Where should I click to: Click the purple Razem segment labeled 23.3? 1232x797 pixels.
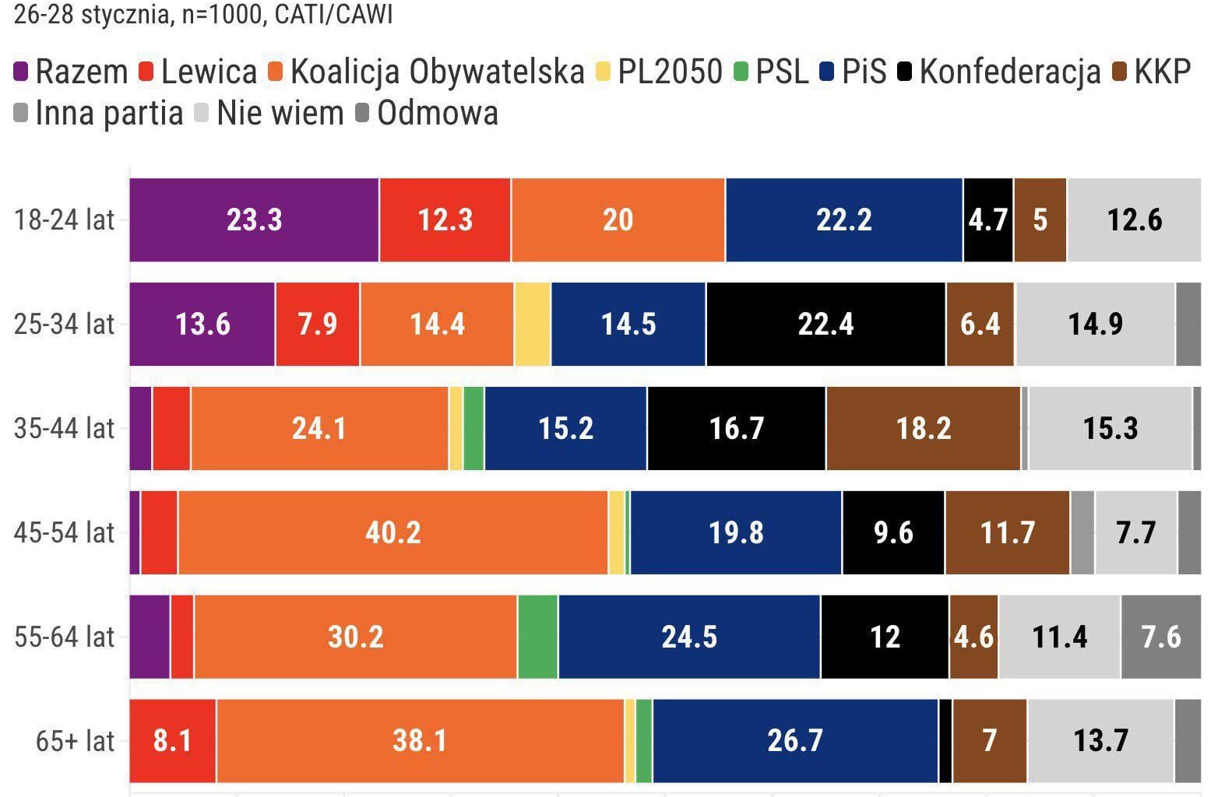254,220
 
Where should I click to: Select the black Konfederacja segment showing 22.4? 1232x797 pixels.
825,324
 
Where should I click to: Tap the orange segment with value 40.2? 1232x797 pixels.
392,532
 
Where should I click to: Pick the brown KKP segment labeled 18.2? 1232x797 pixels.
923,428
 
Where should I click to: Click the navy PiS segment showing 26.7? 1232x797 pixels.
795,740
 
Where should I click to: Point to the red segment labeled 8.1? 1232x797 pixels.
172,740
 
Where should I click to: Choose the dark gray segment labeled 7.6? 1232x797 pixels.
1160,637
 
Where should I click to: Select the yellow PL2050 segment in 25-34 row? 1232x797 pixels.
533,324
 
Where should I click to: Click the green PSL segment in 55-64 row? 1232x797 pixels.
537,637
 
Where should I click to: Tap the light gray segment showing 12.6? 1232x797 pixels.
1134,220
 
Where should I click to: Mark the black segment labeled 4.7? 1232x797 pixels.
988,220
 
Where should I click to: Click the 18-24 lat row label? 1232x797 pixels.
64,220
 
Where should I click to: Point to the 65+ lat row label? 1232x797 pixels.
75,741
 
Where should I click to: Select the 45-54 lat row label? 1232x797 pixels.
64,533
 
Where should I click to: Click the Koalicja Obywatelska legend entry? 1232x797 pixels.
436,72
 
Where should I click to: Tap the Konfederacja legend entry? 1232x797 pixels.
1009,72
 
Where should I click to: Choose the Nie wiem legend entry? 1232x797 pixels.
280,114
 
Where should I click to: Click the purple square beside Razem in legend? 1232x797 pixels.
22,72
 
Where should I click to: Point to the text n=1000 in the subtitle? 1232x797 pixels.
223,14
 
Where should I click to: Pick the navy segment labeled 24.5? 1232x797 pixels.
689,637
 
